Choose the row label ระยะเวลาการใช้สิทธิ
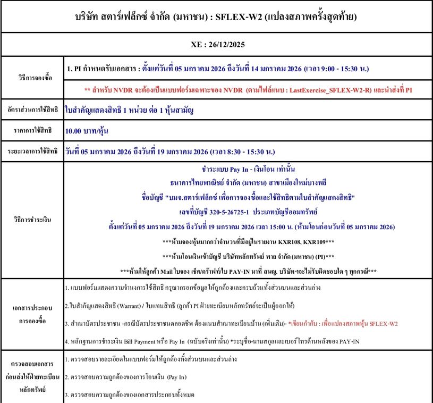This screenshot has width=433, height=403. [33, 152]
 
